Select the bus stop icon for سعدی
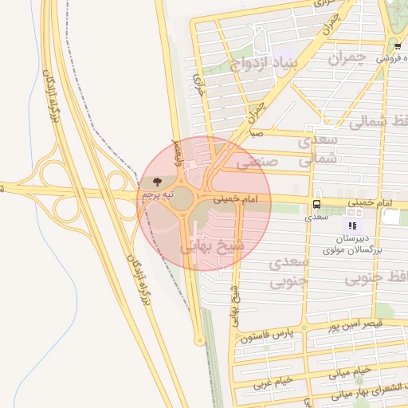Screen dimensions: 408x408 point(317,204)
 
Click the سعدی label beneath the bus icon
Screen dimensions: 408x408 point(317,216)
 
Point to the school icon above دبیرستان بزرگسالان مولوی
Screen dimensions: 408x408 point(352,226)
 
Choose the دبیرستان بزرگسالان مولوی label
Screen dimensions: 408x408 point(352,244)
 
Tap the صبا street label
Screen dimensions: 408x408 point(256,134)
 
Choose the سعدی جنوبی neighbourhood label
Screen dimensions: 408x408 point(287,271)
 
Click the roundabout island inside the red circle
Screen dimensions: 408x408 point(182,198)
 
